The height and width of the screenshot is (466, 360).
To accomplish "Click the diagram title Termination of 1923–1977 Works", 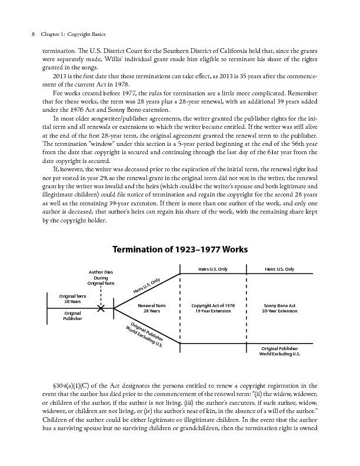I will [180, 249].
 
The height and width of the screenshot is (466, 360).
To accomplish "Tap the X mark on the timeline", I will [101, 308].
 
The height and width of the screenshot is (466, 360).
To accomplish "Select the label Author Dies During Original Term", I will [101, 277].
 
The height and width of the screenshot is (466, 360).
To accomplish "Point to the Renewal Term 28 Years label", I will [152, 308].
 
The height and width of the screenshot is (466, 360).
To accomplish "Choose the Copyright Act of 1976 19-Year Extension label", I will [214, 308].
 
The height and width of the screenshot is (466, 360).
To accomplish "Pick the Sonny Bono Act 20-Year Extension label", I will [280, 308].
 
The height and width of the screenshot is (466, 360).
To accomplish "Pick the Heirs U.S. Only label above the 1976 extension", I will [214, 269].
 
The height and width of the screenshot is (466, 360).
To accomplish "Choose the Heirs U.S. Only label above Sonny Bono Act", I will [280, 269].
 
